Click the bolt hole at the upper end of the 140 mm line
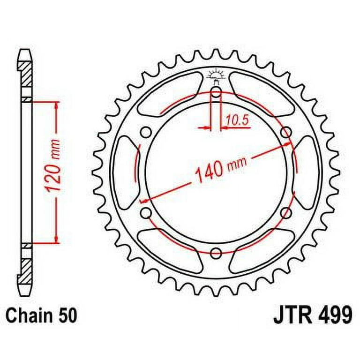[x=285, y=133]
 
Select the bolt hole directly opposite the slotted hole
[x=216, y=254]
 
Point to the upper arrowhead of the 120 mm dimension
[x=57, y=107]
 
